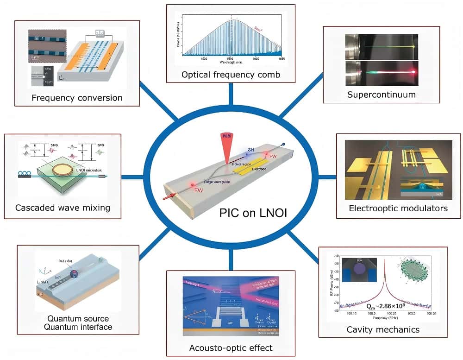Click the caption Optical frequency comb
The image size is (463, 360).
tap(231, 74)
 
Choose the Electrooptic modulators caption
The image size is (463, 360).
tap(398, 208)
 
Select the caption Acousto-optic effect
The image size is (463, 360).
tap(231, 347)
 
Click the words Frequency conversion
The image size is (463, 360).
tap(77, 98)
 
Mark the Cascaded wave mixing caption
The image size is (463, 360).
tap(63, 208)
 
